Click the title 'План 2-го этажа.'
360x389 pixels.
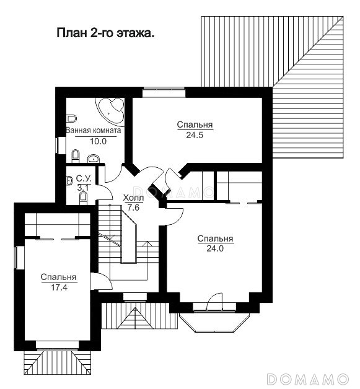pyautogui.click(x=106, y=33)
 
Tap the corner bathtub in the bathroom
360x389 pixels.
pyautogui.click(x=111, y=111)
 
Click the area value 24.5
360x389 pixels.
pyautogui.click(x=195, y=135)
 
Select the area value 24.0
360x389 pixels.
pyautogui.click(x=215, y=248)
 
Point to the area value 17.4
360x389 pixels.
pyautogui.click(x=59, y=287)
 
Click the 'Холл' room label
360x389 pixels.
pyautogui.click(x=133, y=198)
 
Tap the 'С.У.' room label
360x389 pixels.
pyautogui.click(x=84, y=178)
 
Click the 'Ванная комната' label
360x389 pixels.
pyautogui.click(x=94, y=131)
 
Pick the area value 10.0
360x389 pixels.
pyautogui.click(x=98, y=141)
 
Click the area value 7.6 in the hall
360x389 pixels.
pyautogui.click(x=133, y=208)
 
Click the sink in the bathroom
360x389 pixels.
pyautogui.click(x=94, y=159)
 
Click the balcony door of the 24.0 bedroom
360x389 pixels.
pyautogui.click(x=214, y=302)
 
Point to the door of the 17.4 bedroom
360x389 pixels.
pyautogui.click(x=102, y=281)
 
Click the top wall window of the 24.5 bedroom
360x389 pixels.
pyautogui.click(x=164, y=92)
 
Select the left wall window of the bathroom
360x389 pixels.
pyautogui.click(x=60, y=146)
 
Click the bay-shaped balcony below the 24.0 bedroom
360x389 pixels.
pyautogui.click(x=214, y=321)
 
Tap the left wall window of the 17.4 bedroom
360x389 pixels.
pyautogui.click(x=19, y=257)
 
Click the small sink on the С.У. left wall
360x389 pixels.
pyautogui.click(x=69, y=181)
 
